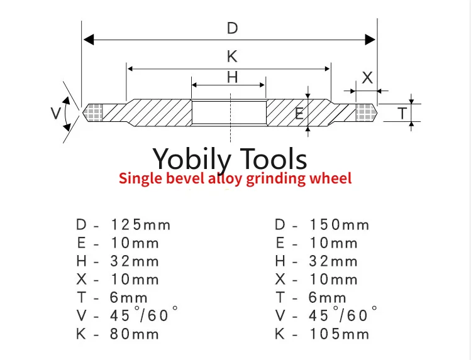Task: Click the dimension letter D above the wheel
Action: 232,28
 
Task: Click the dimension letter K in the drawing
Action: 232,57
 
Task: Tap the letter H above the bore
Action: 232,77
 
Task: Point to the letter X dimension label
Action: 368,78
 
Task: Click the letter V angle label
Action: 56,113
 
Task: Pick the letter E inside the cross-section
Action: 299,114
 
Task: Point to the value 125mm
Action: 141,225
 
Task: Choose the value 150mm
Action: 340,225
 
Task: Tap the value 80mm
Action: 136,334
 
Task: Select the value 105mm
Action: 340,334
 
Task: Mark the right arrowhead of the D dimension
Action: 370,40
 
